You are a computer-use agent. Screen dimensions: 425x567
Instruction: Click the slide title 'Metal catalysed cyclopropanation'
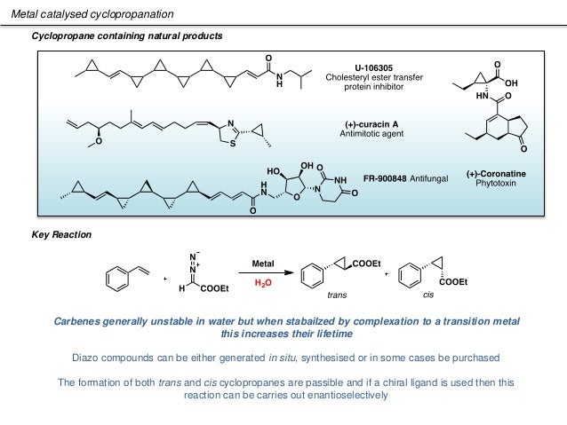pos(99,15)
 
